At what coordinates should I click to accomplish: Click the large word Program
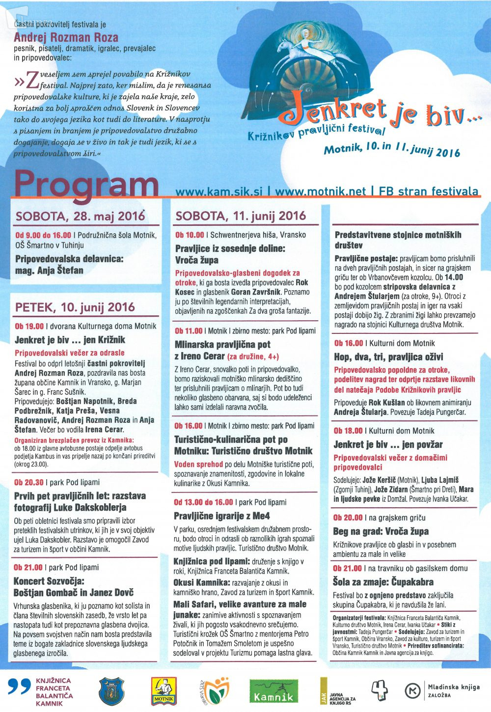tap(86, 186)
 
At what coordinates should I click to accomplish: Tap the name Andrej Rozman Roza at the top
tap(66, 37)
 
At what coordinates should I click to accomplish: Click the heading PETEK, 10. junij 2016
tap(75, 307)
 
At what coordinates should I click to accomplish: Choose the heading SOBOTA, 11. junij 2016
tap(241, 216)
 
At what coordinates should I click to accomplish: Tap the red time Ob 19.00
tap(29, 326)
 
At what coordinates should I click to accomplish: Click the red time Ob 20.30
tap(28, 483)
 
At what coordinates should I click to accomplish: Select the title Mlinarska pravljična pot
tap(222, 345)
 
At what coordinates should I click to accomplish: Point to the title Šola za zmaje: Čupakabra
tap(383, 582)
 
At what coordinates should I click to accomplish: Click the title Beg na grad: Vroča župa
tap(381, 531)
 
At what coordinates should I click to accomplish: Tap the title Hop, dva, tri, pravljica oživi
tap(388, 357)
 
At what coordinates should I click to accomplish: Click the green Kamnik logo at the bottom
tap(273, 691)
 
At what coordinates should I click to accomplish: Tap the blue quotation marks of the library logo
tap(20, 687)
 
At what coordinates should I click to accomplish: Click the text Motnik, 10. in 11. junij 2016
tap(392, 148)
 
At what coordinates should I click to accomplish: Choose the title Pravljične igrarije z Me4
tap(222, 516)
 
